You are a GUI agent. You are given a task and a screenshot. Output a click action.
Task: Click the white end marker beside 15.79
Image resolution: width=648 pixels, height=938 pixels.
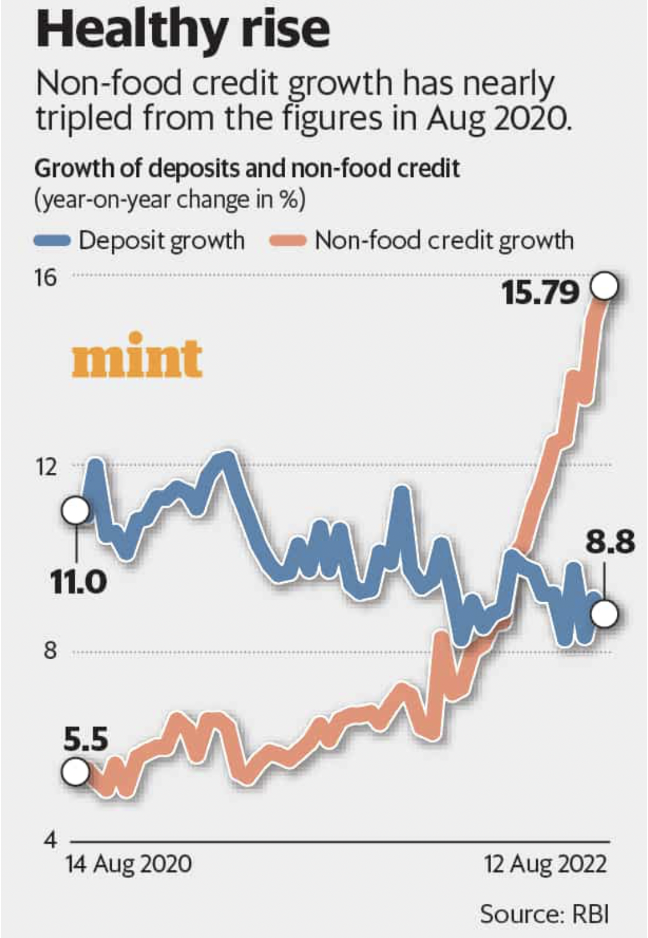click(x=605, y=288)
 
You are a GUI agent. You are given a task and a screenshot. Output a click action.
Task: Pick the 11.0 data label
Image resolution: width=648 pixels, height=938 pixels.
click(x=78, y=583)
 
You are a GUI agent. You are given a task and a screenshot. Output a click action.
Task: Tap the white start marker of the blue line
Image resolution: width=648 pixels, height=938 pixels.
click(x=76, y=510)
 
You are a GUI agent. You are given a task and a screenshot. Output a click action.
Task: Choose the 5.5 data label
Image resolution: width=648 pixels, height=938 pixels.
click(x=86, y=740)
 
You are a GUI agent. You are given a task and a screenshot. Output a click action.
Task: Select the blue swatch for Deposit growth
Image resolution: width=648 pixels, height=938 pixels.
click(x=53, y=241)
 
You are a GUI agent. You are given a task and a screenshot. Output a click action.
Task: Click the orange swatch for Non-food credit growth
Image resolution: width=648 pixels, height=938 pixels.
click(x=288, y=241)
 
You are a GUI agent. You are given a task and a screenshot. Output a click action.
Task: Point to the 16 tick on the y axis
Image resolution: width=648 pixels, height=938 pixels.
click(x=46, y=277)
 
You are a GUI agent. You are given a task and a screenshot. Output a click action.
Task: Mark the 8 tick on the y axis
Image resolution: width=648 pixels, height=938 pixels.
click(x=49, y=652)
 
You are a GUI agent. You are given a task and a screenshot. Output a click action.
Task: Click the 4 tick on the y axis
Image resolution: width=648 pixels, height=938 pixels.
click(x=49, y=840)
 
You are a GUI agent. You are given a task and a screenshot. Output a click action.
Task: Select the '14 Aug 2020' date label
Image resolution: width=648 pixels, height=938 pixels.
click(x=128, y=864)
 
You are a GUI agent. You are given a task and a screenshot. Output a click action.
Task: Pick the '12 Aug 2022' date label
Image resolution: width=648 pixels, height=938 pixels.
click(x=545, y=864)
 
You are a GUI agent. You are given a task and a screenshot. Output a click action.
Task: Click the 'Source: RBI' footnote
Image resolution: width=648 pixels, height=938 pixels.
click(x=544, y=914)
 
